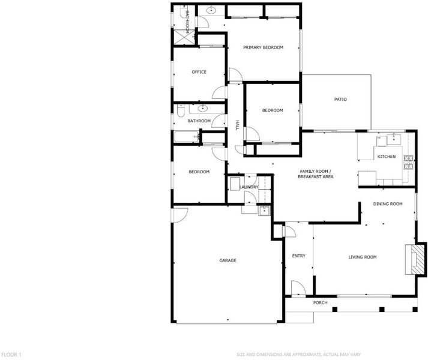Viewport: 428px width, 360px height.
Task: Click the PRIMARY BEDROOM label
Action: click(x=263, y=47)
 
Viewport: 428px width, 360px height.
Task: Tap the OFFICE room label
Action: click(x=199, y=72)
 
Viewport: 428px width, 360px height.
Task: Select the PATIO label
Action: click(x=340, y=100)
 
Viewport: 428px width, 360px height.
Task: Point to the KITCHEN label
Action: click(x=386, y=157)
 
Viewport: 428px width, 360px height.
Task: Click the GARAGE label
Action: click(x=228, y=260)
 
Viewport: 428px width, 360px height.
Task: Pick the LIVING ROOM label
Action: click(x=362, y=257)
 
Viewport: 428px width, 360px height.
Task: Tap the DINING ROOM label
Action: click(x=388, y=204)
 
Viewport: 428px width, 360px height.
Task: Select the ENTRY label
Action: click(x=298, y=256)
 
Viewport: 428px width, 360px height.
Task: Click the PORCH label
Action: click(x=320, y=302)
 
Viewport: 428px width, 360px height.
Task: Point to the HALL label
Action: click(x=237, y=125)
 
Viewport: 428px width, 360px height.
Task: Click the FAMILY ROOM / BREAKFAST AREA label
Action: click(x=316, y=174)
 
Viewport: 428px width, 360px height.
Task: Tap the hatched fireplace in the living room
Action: click(x=416, y=259)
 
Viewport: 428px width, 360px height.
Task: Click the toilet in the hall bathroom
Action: click(x=181, y=110)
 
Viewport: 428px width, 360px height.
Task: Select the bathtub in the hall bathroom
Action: click(x=187, y=136)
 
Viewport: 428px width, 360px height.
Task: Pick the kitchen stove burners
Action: click(x=409, y=162)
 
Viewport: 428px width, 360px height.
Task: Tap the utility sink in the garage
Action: click(x=264, y=211)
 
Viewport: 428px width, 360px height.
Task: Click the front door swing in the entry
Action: click(x=298, y=287)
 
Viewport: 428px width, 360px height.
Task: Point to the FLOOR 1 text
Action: click(x=11, y=355)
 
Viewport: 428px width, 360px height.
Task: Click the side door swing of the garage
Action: click(x=180, y=215)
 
